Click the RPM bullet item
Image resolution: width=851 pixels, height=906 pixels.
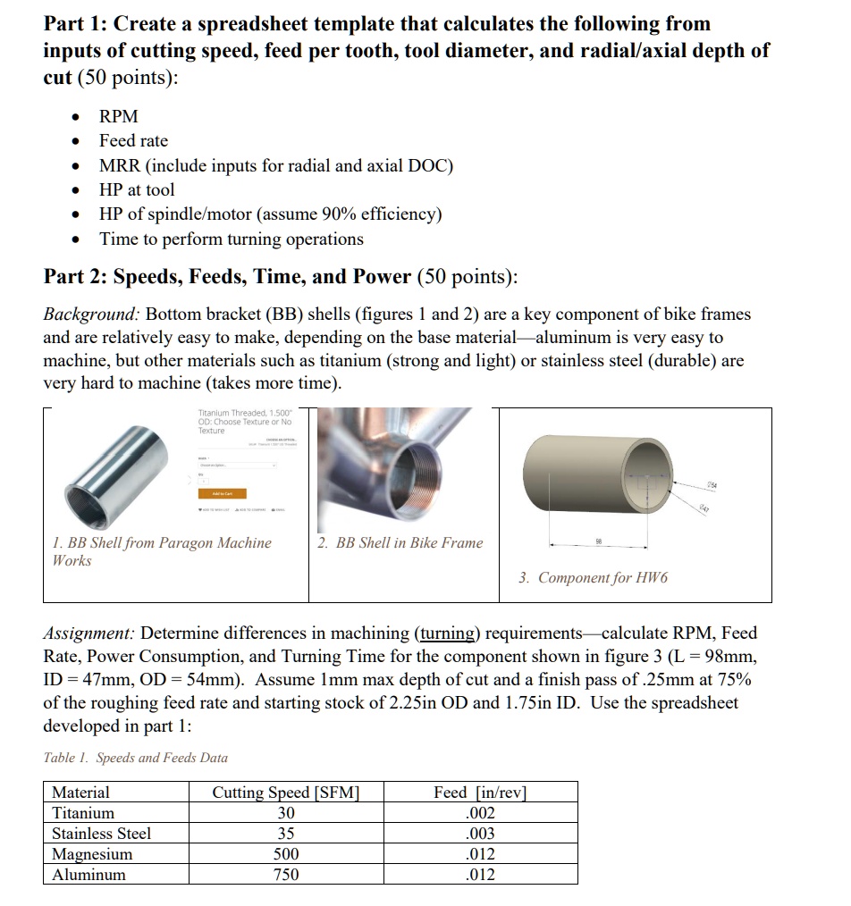click(x=118, y=116)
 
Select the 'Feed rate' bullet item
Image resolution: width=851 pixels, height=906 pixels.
click(x=133, y=141)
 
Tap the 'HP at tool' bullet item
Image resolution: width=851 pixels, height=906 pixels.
click(x=137, y=190)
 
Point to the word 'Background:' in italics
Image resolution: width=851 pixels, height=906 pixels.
click(x=91, y=315)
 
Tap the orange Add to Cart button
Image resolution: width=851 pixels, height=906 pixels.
click(x=222, y=493)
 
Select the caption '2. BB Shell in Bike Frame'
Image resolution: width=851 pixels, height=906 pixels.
click(x=400, y=542)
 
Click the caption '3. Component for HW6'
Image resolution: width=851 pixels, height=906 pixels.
click(x=593, y=578)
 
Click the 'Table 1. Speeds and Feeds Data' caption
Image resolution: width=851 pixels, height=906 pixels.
click(x=136, y=758)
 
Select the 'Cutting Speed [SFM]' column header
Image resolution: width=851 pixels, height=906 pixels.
click(x=285, y=793)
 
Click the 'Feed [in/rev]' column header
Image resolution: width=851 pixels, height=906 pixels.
click(x=480, y=793)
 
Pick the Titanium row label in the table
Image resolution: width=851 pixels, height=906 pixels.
click(x=83, y=813)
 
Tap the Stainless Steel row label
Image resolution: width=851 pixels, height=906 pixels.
click(x=101, y=834)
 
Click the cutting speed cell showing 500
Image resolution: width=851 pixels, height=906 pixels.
click(x=285, y=854)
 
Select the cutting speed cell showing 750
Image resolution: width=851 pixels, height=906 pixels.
click(x=285, y=875)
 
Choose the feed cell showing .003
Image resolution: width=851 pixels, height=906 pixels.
click(x=480, y=834)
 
